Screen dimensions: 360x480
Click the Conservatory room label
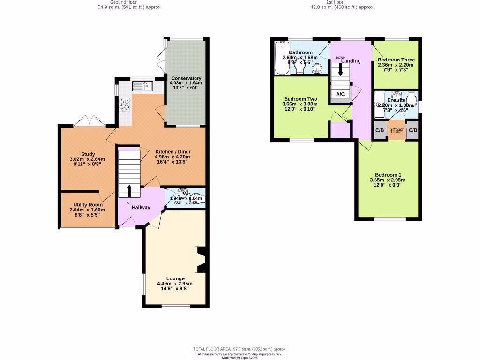tap(186, 78)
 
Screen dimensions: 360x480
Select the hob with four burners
tap(125, 105)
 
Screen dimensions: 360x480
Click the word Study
tap(88, 154)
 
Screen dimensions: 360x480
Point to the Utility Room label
tap(88, 205)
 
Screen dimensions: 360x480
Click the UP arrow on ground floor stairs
tap(129, 191)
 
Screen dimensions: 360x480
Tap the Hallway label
tap(141, 207)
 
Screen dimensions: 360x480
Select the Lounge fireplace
tap(201, 259)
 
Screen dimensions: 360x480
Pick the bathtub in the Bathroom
tap(281, 58)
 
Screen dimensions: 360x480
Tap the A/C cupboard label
tap(340, 94)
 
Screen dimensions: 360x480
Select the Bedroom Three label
tap(396, 60)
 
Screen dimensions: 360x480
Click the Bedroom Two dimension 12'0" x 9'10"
tap(300, 109)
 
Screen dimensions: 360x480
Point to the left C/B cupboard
tap(379, 130)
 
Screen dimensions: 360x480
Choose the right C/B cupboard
tap(412, 130)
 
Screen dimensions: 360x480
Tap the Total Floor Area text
tap(240, 349)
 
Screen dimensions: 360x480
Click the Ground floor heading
tap(124, 2)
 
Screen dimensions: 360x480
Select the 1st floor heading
tap(342, 2)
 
